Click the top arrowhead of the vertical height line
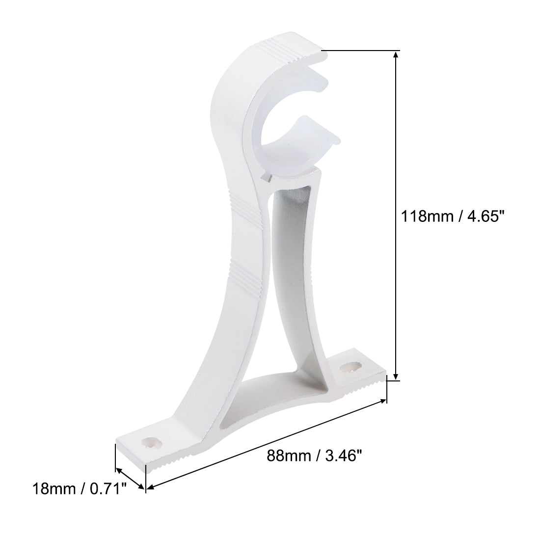click(396, 54)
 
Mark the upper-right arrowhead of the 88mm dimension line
click(383, 402)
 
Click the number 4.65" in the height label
click(486, 216)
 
